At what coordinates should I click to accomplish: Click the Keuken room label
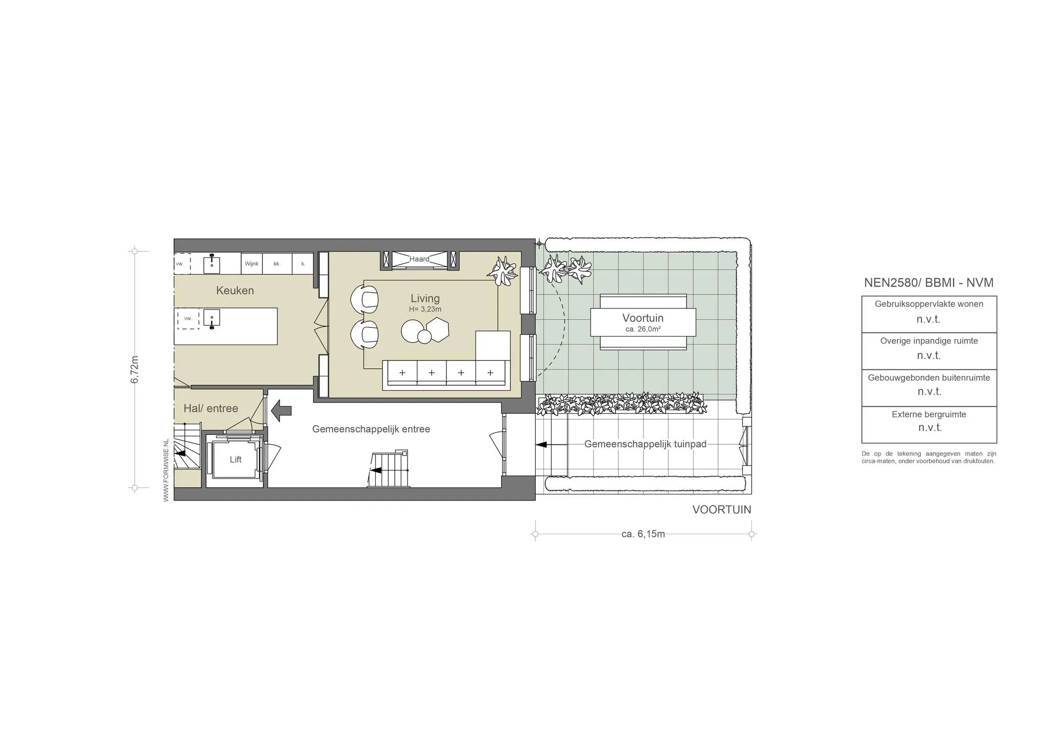235,291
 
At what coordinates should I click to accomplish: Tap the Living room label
425,299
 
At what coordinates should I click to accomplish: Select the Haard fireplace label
419,259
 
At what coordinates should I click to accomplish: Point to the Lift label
235,460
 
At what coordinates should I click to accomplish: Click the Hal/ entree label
211,409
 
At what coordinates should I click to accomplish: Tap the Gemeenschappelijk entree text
371,430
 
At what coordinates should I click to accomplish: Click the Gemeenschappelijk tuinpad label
646,444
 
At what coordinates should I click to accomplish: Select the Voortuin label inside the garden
643,318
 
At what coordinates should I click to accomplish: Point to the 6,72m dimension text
135,369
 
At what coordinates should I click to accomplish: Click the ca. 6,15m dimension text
643,534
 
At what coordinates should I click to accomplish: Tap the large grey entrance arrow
281,411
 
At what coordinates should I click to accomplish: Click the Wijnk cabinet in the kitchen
252,264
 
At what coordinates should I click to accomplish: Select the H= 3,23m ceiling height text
425,309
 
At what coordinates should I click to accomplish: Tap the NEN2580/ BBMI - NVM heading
929,283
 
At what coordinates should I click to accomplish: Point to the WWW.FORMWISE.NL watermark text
166,470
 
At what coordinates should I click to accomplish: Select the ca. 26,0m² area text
643,329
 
